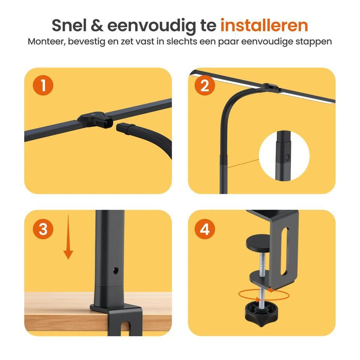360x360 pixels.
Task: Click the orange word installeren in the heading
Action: [x=264, y=25]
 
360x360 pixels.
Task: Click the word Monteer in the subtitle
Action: [x=45, y=42]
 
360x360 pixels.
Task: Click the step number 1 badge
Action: [x=43, y=86]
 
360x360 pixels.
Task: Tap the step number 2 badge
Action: [x=205, y=86]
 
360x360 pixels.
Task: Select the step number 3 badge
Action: [x=43, y=229]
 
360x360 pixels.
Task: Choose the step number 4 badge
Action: [x=205, y=229]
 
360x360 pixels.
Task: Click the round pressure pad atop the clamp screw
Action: [x=259, y=244]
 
